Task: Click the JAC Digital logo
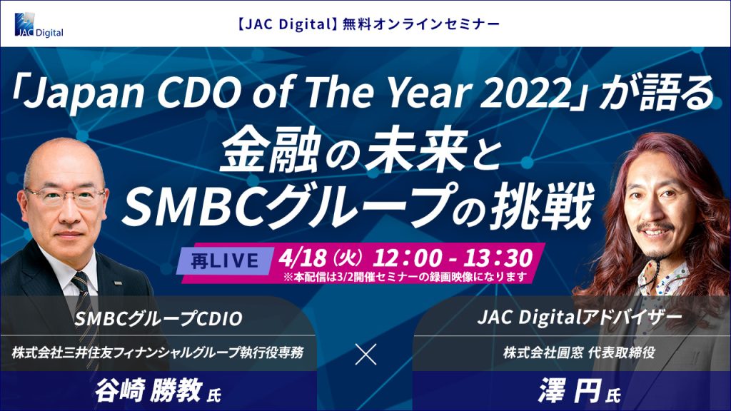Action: [39, 25]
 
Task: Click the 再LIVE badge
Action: [225, 261]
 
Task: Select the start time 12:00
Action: [406, 257]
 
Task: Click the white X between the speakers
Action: [365, 355]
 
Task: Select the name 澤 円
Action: [569, 390]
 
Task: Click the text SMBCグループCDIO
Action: [158, 319]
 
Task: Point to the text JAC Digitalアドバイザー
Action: [580, 318]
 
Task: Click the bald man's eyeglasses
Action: [66, 197]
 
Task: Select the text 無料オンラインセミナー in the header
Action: [421, 24]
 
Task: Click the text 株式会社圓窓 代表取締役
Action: [579, 352]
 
